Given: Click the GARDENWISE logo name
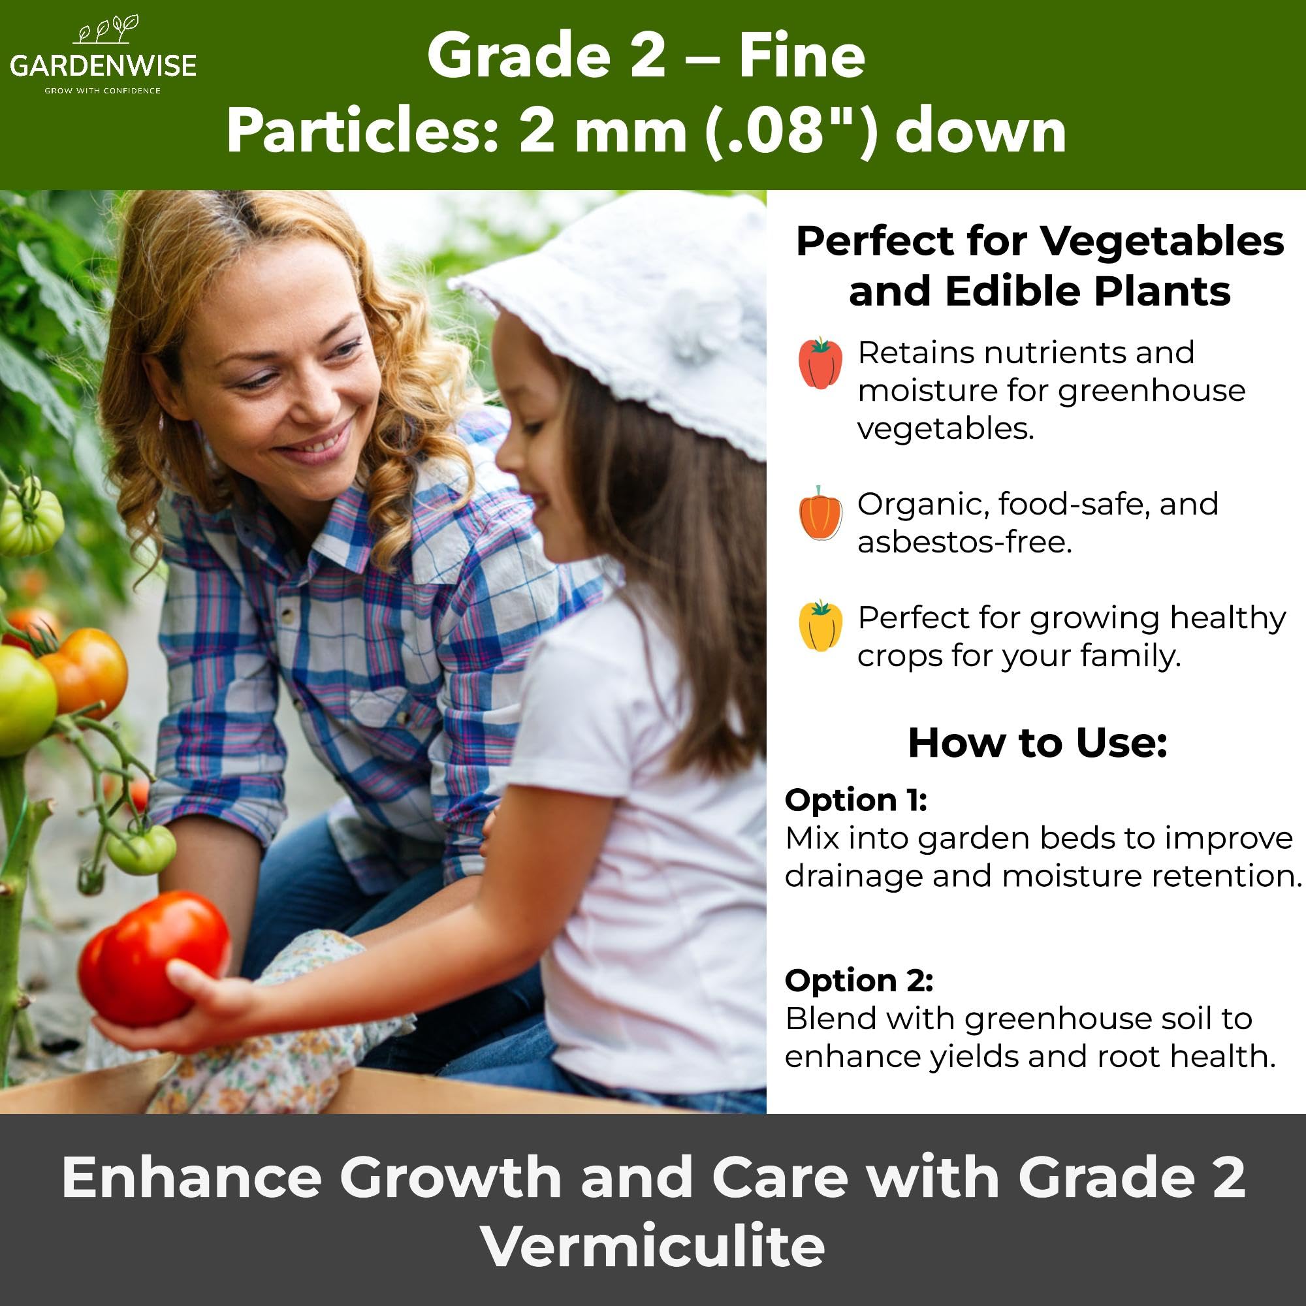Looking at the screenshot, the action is [x=103, y=65].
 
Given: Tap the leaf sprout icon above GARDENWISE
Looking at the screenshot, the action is [x=109, y=30].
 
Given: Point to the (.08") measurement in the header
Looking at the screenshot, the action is [x=791, y=131].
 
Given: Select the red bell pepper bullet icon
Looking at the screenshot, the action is [x=820, y=363].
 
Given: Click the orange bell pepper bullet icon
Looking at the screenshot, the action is [x=820, y=514].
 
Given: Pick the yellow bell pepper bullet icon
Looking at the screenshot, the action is [x=820, y=626].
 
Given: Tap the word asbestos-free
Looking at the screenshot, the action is [x=964, y=542].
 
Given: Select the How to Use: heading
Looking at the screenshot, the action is [x=1038, y=743].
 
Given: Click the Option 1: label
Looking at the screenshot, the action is [x=856, y=801].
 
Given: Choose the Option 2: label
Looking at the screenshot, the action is [x=859, y=981].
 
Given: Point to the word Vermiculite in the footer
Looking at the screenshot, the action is [x=653, y=1246].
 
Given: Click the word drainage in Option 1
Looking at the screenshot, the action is [x=853, y=877].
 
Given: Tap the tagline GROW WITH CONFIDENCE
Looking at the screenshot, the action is [x=103, y=91].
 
